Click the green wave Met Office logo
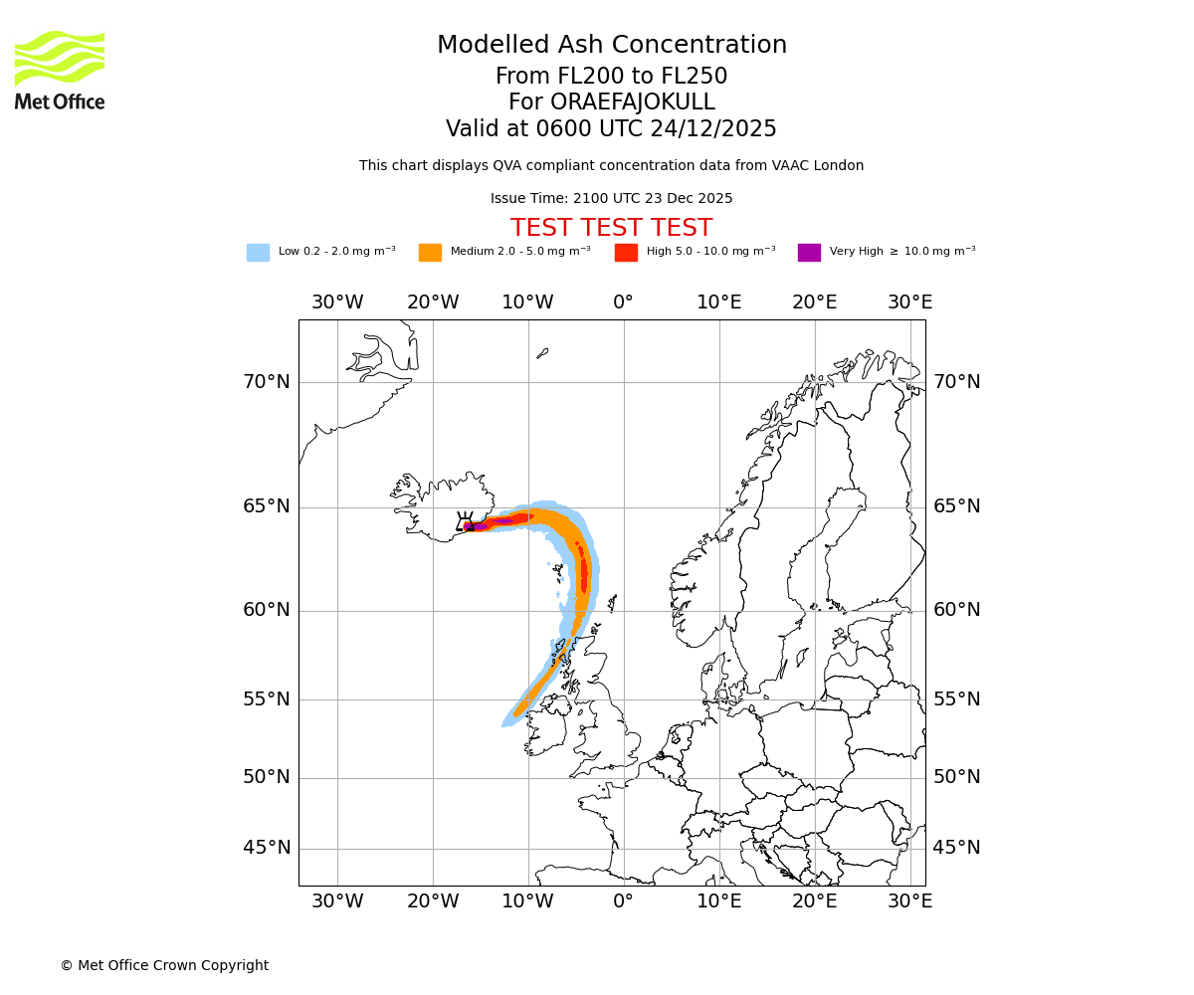click(60, 59)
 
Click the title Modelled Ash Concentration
click(611, 45)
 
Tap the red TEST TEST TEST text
click(611, 228)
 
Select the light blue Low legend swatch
click(258, 252)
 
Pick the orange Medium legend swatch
click(430, 252)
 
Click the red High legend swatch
click(626, 252)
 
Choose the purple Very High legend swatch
click(809, 252)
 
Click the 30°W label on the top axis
click(337, 302)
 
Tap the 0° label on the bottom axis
click(624, 901)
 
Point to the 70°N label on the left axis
click(267, 382)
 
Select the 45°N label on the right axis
click(956, 848)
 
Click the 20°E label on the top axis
click(815, 302)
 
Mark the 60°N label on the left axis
click(267, 610)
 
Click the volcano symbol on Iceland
click(465, 522)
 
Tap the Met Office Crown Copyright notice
click(164, 965)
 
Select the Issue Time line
click(611, 198)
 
